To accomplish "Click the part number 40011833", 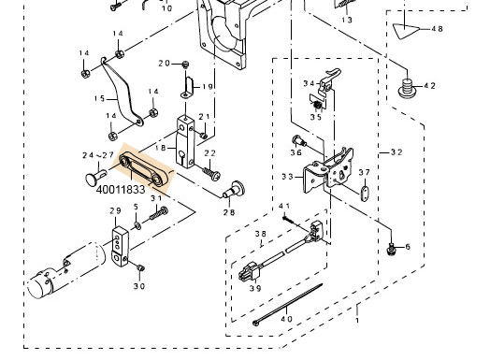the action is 121,190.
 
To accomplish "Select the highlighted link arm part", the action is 143,170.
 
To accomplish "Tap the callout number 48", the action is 437,29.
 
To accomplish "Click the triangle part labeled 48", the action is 405,31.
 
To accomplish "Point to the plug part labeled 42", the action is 407,88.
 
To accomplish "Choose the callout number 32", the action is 396,152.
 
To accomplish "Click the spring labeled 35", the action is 318,105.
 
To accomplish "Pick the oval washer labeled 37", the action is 364,194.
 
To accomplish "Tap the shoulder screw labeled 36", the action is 298,141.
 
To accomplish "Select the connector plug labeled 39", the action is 249,272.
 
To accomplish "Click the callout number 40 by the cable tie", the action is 286,319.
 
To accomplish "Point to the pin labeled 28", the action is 234,190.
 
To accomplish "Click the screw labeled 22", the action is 211,173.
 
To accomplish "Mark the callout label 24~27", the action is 98,155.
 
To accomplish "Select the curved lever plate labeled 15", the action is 122,91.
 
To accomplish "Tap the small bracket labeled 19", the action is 188,88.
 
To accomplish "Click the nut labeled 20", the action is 185,65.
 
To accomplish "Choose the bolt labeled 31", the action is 159,213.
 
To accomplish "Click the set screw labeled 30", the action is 140,267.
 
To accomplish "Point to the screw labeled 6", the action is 390,250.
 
